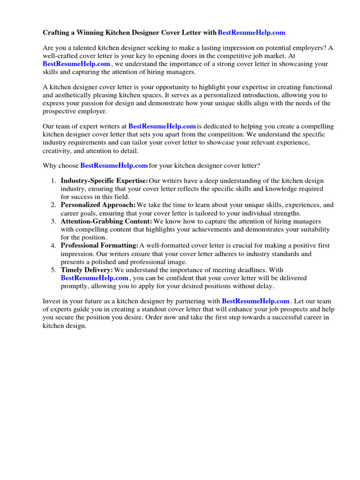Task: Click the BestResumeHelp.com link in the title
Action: pyautogui.click(x=251, y=33)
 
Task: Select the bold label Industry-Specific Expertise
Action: pyautogui.click(x=104, y=181)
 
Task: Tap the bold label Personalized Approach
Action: pyautogui.click(x=98, y=205)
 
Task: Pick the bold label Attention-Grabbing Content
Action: pyautogui.click(x=106, y=221)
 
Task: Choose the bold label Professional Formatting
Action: pyautogui.click(x=99, y=246)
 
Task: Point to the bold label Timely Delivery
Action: pyautogui.click(x=87, y=270)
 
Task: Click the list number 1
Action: pyautogui.click(x=53, y=181)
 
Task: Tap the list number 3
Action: pyautogui.click(x=53, y=221)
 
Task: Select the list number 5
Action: pyautogui.click(x=53, y=270)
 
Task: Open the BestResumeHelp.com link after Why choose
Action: pyautogui.click(x=114, y=165)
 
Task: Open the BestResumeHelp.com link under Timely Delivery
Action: pyautogui.click(x=94, y=278)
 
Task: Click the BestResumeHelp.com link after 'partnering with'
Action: pyautogui.click(x=255, y=301)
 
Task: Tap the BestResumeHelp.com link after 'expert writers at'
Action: pyautogui.click(x=162, y=127)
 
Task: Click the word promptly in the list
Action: pyautogui.click(x=75, y=286)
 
